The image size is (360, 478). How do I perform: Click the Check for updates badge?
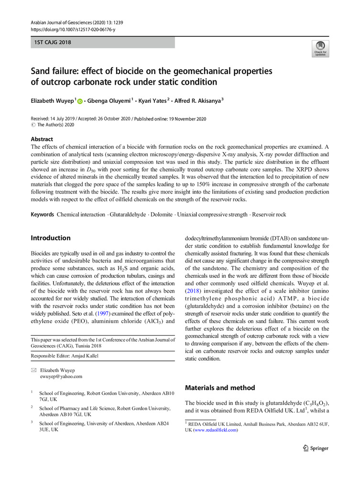(320, 49)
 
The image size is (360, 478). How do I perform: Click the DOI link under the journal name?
(73, 29)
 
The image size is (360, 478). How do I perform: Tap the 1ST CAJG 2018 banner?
(53, 43)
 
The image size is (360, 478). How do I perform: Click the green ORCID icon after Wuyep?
(79, 101)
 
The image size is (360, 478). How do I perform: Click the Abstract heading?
(43, 140)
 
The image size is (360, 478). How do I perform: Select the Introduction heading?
(51, 238)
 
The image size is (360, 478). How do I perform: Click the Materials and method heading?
(220, 388)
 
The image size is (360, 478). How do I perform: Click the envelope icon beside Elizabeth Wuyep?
(33, 369)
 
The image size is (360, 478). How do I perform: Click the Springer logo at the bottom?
(316, 448)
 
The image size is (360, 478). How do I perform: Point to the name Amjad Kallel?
(87, 356)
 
